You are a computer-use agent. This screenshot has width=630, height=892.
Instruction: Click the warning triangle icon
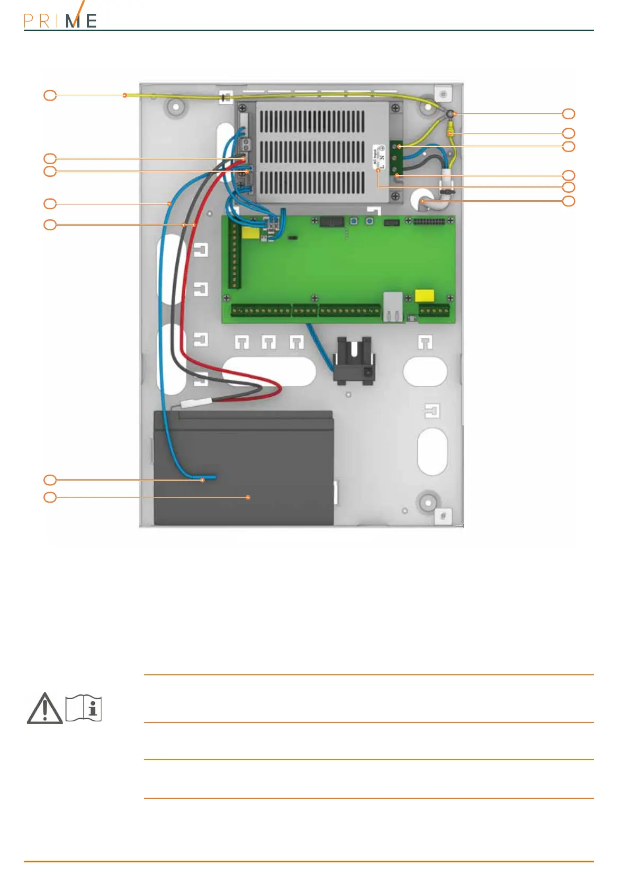45,708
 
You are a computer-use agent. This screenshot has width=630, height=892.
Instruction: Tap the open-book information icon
84,708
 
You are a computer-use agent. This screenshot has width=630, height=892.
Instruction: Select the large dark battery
244,469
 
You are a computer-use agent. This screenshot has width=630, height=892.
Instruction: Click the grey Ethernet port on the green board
392,307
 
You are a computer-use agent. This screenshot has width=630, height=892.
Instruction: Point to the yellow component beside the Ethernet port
425,296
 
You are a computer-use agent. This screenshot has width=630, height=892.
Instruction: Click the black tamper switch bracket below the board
354,360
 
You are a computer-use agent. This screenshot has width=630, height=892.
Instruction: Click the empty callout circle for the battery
50,497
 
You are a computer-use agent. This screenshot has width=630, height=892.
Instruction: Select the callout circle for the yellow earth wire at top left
50,95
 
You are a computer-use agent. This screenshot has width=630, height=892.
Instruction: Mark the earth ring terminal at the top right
449,114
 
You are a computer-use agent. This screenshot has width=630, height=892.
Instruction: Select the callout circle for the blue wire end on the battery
50,480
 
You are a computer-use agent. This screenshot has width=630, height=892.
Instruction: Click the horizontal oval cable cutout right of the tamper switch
425,371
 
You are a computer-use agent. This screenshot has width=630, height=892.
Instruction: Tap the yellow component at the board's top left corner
250,233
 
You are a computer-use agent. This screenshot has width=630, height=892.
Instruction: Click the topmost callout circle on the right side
569,113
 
